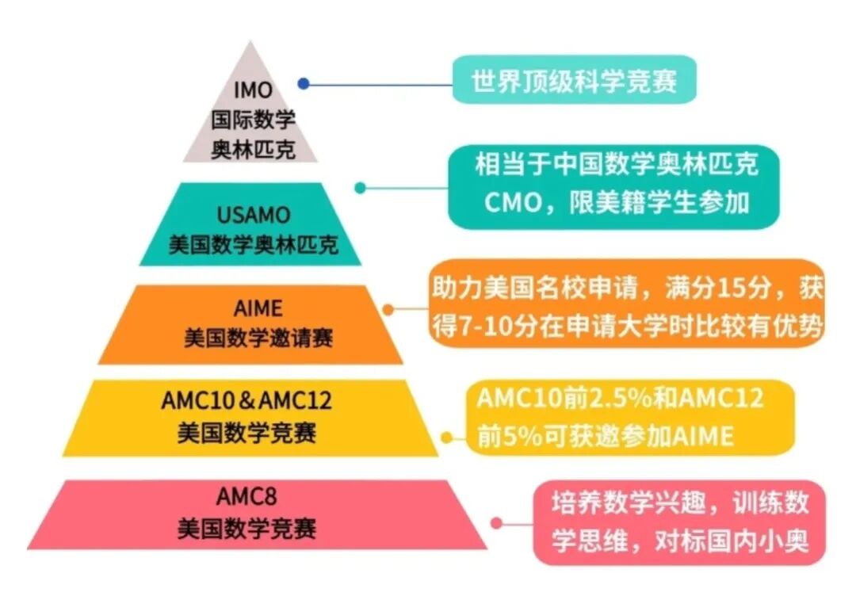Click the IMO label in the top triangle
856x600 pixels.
(x=252, y=91)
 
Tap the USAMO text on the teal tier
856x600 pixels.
(x=254, y=215)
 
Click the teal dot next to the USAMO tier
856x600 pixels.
(x=360, y=188)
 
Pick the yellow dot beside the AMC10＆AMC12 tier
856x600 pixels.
(x=446, y=437)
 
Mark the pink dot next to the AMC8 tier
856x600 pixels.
(x=496, y=523)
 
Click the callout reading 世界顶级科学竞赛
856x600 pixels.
(x=574, y=81)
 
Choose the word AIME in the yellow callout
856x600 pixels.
(x=702, y=437)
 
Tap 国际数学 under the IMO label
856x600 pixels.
(x=253, y=120)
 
